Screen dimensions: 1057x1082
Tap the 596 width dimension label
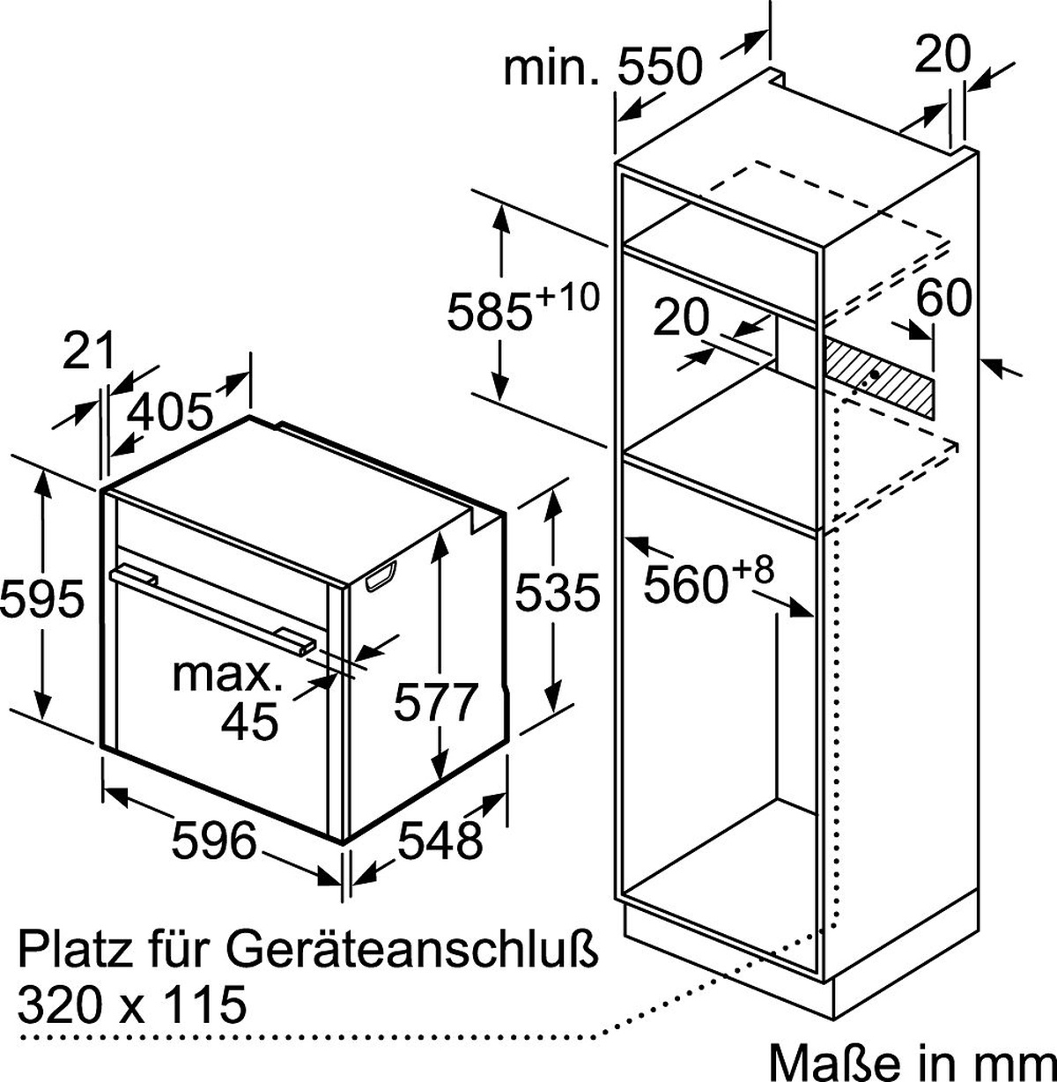(x=214, y=840)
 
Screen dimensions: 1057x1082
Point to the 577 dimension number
(x=435, y=701)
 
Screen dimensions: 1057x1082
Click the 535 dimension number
(x=558, y=592)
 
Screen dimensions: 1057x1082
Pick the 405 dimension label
(x=170, y=412)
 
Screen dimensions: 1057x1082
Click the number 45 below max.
(x=249, y=722)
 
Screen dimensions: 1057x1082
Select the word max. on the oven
(x=227, y=676)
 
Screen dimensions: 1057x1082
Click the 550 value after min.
(x=661, y=65)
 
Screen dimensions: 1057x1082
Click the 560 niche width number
(x=685, y=583)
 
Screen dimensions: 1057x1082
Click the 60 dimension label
(x=943, y=297)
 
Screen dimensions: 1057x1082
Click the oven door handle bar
(x=213, y=608)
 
